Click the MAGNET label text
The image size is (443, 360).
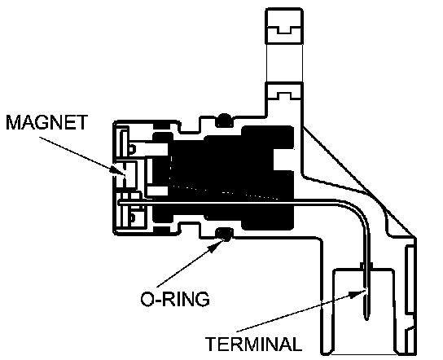[x=47, y=122]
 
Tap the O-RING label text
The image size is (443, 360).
[x=175, y=299]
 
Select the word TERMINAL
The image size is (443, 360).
[x=253, y=344]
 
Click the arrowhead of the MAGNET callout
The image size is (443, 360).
[x=118, y=170]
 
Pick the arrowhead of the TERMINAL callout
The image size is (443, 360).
[x=357, y=293]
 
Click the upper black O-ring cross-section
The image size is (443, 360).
[x=224, y=120]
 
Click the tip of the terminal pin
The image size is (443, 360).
[x=366, y=319]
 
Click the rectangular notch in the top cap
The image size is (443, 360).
[x=284, y=29]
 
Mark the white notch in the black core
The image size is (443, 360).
[x=283, y=160]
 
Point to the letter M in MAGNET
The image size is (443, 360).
[x=14, y=122]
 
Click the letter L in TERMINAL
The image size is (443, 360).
[x=296, y=344]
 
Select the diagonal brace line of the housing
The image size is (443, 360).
[x=359, y=182]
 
